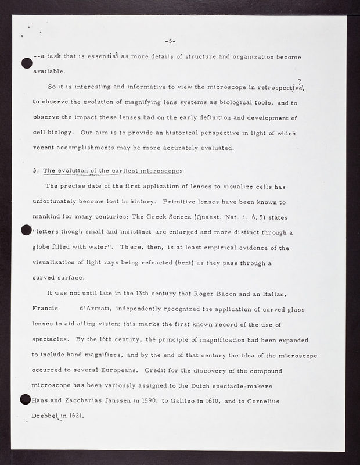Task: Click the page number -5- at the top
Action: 170,41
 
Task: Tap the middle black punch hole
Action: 26,231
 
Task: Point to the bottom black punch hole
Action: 26,400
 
